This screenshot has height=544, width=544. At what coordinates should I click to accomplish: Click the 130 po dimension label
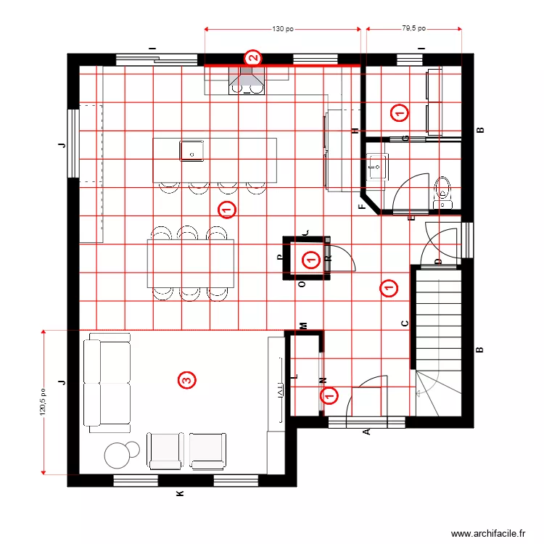[x=283, y=30]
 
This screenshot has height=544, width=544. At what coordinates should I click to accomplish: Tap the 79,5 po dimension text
[x=413, y=30]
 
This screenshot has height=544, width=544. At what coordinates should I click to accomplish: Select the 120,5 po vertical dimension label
[x=44, y=403]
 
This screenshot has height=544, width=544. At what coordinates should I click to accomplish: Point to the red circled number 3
[x=186, y=379]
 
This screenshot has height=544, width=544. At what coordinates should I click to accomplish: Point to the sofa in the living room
[x=107, y=382]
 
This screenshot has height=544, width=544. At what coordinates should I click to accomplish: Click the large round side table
[x=118, y=456]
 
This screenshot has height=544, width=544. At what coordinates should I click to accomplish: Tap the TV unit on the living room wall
[x=277, y=384]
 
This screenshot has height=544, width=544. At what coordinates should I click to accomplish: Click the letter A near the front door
[x=366, y=432]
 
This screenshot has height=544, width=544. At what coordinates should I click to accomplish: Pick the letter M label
[x=304, y=326]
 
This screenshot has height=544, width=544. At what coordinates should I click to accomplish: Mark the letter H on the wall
[x=355, y=131]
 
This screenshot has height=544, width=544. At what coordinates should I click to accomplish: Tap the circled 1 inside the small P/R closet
[x=310, y=259]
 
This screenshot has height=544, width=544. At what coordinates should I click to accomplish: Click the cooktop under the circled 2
[x=247, y=85]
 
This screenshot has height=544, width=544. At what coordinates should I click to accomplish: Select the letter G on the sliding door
[x=405, y=138]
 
